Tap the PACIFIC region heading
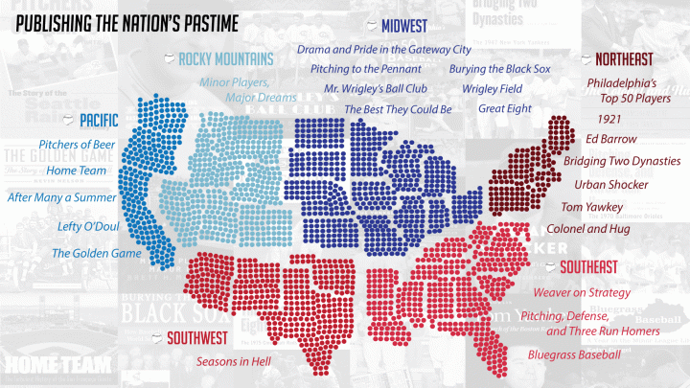click(x=99, y=121)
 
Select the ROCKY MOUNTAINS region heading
click(x=225, y=58)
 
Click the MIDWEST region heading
click(x=403, y=25)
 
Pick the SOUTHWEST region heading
click(x=196, y=337)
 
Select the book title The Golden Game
click(x=96, y=254)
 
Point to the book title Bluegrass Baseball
click(x=574, y=354)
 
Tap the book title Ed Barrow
click(x=610, y=140)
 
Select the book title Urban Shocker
click(x=610, y=184)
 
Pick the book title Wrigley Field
click(x=492, y=89)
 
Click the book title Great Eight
click(x=504, y=109)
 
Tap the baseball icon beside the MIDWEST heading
click(x=372, y=24)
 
